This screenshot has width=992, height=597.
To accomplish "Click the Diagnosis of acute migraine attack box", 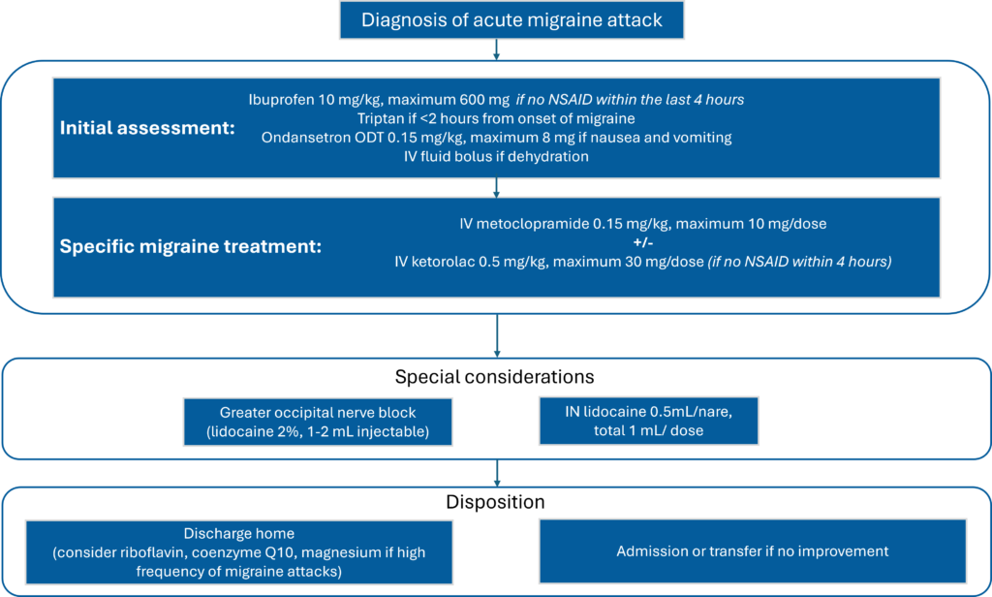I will tap(511, 19).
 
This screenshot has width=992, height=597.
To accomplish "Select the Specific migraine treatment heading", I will tap(191, 246).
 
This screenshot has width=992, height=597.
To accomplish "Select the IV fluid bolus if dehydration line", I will tap(496, 156).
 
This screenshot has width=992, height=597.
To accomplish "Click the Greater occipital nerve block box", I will tap(318, 421).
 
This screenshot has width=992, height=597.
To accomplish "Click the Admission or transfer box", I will tap(752, 550).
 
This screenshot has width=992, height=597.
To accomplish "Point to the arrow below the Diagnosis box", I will tap(496, 49).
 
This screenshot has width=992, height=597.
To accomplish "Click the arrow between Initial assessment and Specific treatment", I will tap(496, 187).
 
